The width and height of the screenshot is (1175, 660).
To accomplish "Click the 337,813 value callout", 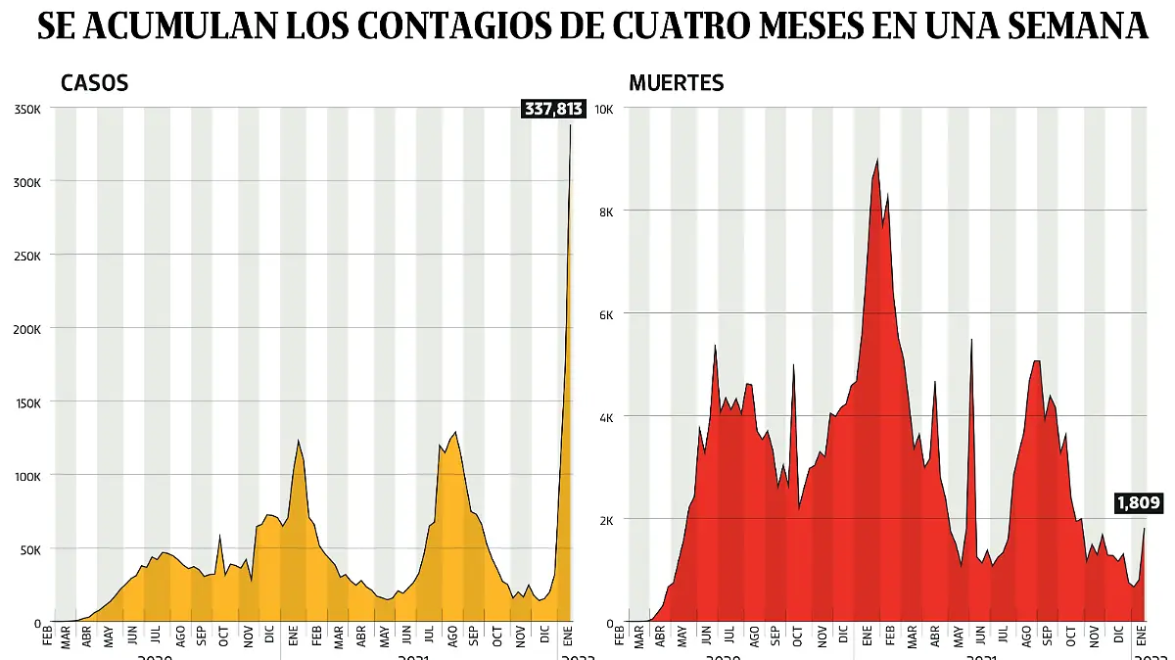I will (x=552, y=109).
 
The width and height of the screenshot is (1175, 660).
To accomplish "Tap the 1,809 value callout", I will (x=1137, y=503).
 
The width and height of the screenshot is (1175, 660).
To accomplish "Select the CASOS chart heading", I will (x=94, y=83).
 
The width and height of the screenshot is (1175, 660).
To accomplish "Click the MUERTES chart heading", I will (x=676, y=83).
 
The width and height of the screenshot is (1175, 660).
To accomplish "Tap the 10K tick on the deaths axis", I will (x=604, y=109).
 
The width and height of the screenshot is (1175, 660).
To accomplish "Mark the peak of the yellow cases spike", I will (x=571, y=125).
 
